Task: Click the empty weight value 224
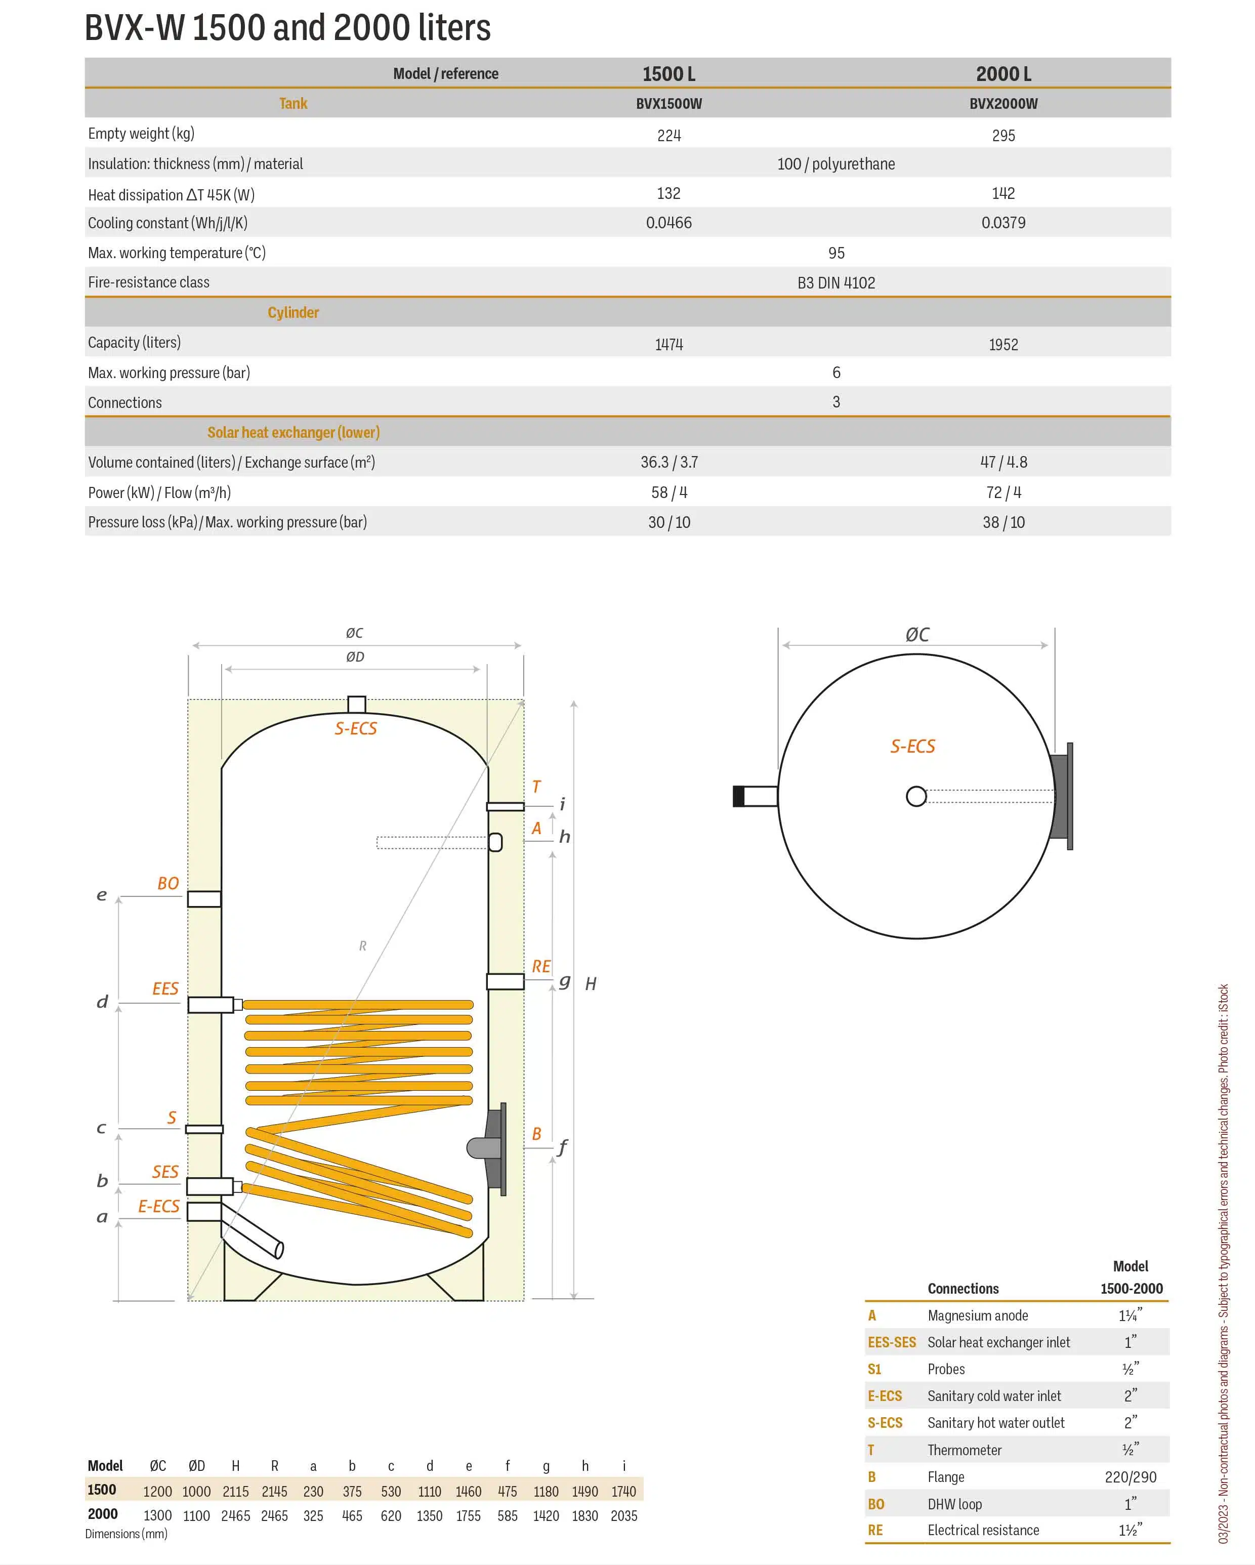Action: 668,135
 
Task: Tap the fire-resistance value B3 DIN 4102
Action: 836,282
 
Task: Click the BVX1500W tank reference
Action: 668,104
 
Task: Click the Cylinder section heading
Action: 293,312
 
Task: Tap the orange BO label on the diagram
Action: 169,883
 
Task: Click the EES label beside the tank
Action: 165,988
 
